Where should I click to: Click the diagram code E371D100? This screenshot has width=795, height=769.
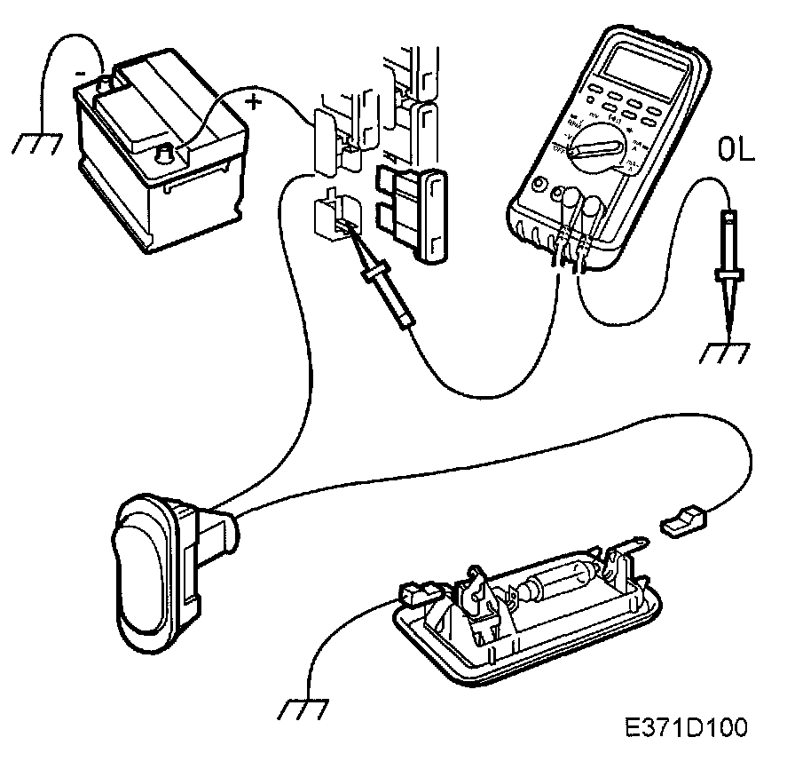[x=686, y=726]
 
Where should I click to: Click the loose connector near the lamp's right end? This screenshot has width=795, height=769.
[x=682, y=520]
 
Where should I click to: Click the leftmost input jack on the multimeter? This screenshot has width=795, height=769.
[x=539, y=188]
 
